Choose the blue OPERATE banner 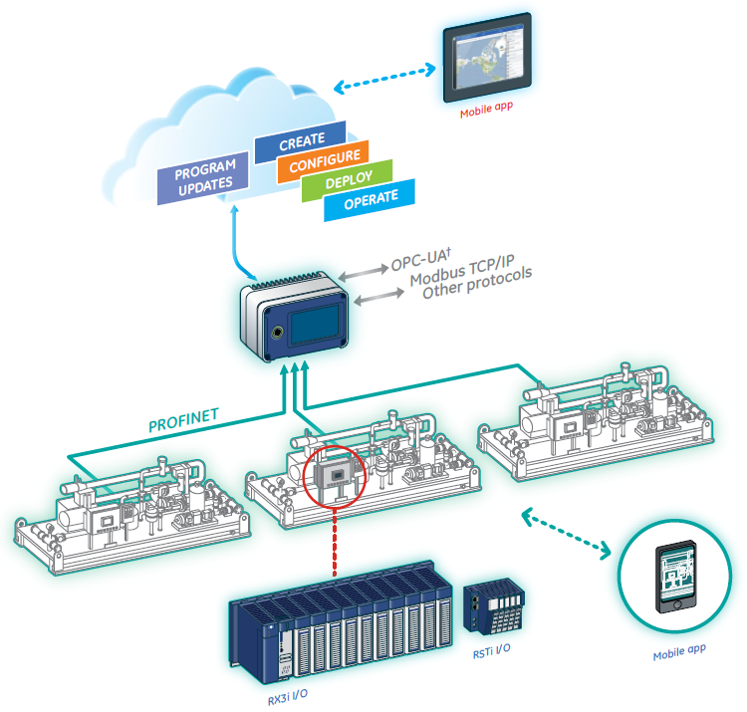[370, 198]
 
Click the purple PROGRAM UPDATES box [205, 174]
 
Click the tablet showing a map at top [488, 60]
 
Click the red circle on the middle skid [335, 478]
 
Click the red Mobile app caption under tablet [486, 114]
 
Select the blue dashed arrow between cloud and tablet [385, 80]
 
